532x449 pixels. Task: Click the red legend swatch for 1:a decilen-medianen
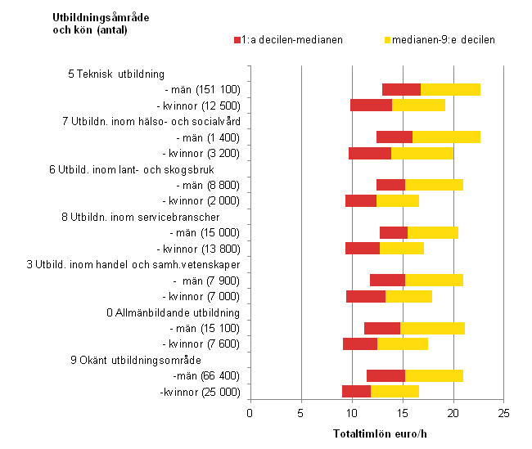(x=237, y=39)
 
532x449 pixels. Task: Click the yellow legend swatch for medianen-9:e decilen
(x=387, y=39)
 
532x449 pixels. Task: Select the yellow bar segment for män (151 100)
(x=450, y=89)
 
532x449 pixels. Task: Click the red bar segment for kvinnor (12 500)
(x=371, y=105)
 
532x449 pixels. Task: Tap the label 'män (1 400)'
(x=201, y=137)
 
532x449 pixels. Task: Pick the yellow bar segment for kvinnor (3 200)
(x=422, y=153)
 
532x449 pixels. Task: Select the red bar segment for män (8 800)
(x=390, y=185)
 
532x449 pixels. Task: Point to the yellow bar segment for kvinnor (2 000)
(x=397, y=200)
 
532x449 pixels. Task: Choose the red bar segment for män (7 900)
(x=387, y=281)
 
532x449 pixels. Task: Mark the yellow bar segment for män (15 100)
(x=432, y=328)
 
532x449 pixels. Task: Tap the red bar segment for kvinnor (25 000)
(x=356, y=392)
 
